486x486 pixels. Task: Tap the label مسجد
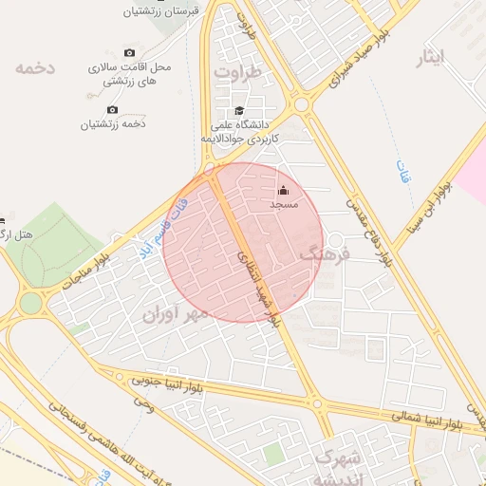[284, 205]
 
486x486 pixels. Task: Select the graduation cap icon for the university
[238, 111]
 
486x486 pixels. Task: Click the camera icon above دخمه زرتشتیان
[113, 110]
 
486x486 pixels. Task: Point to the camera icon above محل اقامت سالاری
[130, 53]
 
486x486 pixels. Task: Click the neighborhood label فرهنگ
[325, 253]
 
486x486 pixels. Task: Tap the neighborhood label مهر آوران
[174, 313]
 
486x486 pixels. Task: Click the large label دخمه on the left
[35, 67]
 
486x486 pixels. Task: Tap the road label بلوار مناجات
[86, 271]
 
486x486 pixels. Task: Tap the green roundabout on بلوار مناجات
[31, 303]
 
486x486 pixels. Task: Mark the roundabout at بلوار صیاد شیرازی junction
[302, 103]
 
